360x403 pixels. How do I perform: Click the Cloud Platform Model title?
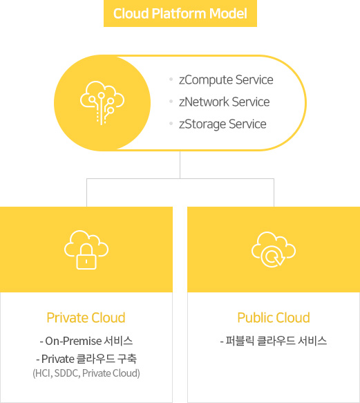pyautogui.click(x=180, y=14)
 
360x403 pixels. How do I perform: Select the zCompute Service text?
pyautogui.click(x=226, y=80)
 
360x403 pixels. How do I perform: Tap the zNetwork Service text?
pyautogui.click(x=225, y=102)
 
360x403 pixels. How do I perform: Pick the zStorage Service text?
pyautogui.click(x=222, y=124)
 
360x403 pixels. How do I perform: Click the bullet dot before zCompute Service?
pyautogui.click(x=171, y=79)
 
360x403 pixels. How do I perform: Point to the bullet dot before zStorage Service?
pyautogui.click(x=171, y=124)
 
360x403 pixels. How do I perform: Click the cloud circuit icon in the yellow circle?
pyautogui.click(x=102, y=103)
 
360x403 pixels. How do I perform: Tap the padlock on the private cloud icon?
pyautogui.click(x=86, y=256)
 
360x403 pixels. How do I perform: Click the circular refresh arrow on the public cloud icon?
pyautogui.click(x=272, y=258)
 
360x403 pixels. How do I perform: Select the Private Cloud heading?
pyautogui.click(x=86, y=318)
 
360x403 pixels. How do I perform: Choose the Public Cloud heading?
pyautogui.click(x=274, y=318)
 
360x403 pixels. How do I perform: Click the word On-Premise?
pyautogui.click(x=73, y=341)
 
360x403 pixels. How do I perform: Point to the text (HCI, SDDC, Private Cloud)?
pyautogui.click(x=86, y=373)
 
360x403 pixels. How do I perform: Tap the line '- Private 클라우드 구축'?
pyautogui.click(x=86, y=359)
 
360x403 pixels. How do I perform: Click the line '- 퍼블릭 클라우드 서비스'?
pyautogui.click(x=274, y=341)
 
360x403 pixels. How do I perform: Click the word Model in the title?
pyautogui.click(x=228, y=14)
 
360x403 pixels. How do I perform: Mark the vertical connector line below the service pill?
pyautogui.click(x=180, y=165)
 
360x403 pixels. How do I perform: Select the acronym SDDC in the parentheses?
pyautogui.click(x=67, y=373)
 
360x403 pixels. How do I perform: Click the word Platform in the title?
pyautogui.click(x=179, y=14)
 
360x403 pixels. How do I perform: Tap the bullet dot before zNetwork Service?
pyautogui.click(x=171, y=101)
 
